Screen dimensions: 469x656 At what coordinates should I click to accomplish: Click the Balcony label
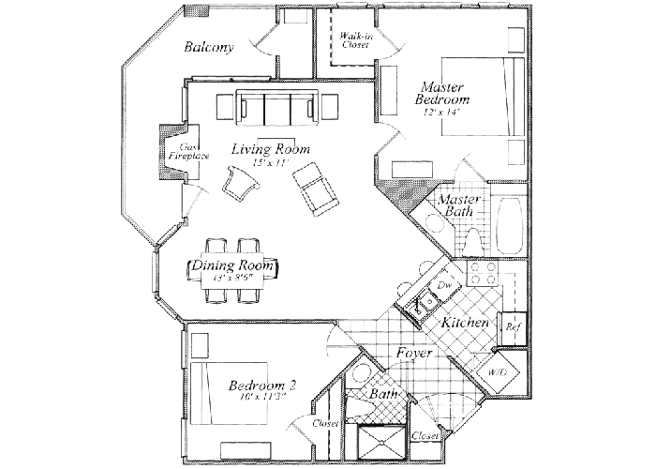point(208,48)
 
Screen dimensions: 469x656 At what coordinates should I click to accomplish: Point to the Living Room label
point(272,149)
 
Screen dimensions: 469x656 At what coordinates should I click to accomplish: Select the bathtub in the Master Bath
point(511,225)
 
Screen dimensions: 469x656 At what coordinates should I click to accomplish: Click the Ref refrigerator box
point(513,327)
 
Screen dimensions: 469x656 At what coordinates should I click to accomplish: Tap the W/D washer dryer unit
point(495,372)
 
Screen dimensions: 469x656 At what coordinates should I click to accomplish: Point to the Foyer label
point(413,354)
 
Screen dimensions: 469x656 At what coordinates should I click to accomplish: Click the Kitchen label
point(464,323)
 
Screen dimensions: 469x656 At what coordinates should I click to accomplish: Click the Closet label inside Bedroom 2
point(324,424)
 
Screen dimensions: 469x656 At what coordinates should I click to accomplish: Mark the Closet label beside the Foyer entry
point(425,437)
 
